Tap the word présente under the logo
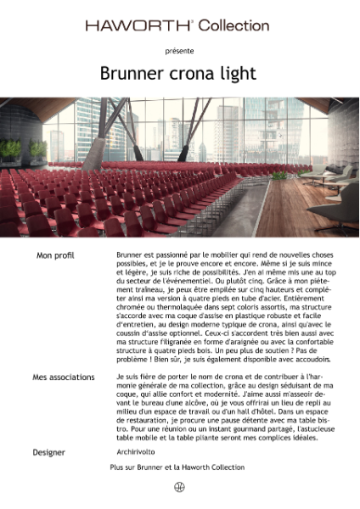(179, 51)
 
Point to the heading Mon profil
(56, 255)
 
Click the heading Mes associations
(65, 376)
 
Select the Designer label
(48, 452)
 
